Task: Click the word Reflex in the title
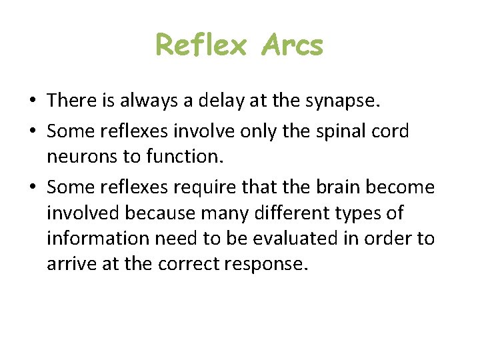[201, 46]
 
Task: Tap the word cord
[389, 132]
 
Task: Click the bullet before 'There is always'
[32, 101]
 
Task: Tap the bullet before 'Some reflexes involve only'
[32, 132]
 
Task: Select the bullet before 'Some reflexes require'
[32, 188]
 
